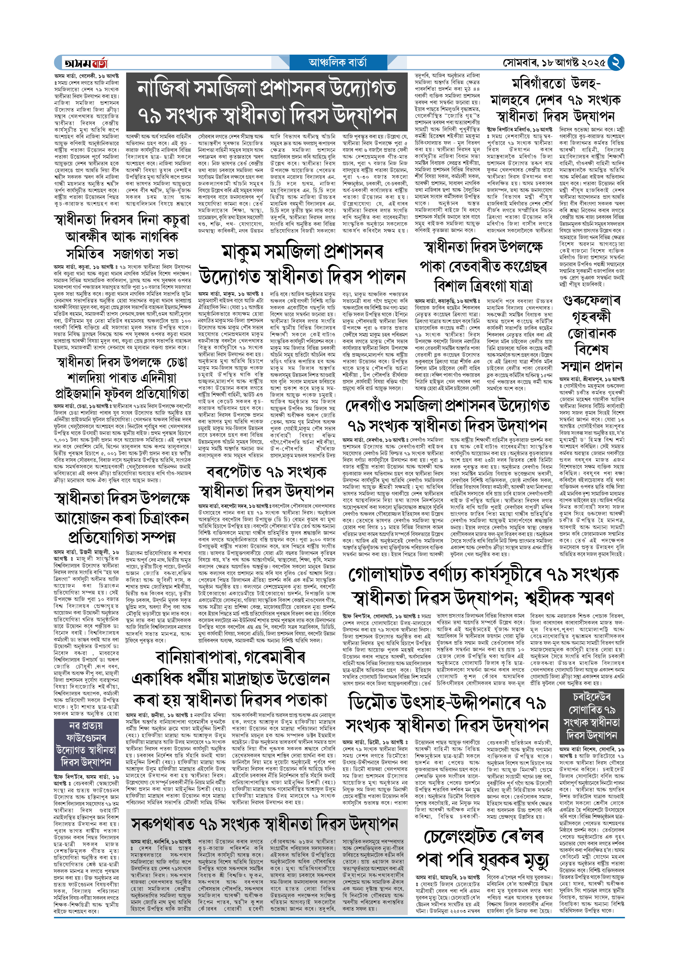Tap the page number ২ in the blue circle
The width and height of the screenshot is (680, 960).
tap(615, 63)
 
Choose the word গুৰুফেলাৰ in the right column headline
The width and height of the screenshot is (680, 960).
tap(591, 301)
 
